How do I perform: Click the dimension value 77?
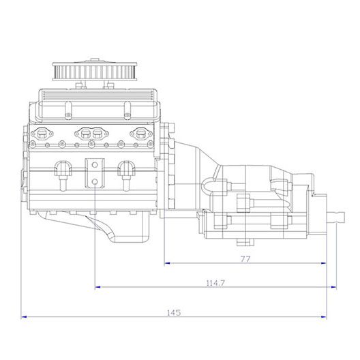[245, 259]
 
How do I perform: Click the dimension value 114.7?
[215, 283]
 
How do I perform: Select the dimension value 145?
[174, 313]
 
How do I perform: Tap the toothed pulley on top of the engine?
[95, 71]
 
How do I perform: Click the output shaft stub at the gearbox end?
[336, 217]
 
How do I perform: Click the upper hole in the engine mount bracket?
[95, 165]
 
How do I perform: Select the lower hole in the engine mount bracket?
[95, 182]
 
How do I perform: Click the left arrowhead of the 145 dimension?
[24, 317]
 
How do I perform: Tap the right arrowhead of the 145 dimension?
[324, 317]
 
